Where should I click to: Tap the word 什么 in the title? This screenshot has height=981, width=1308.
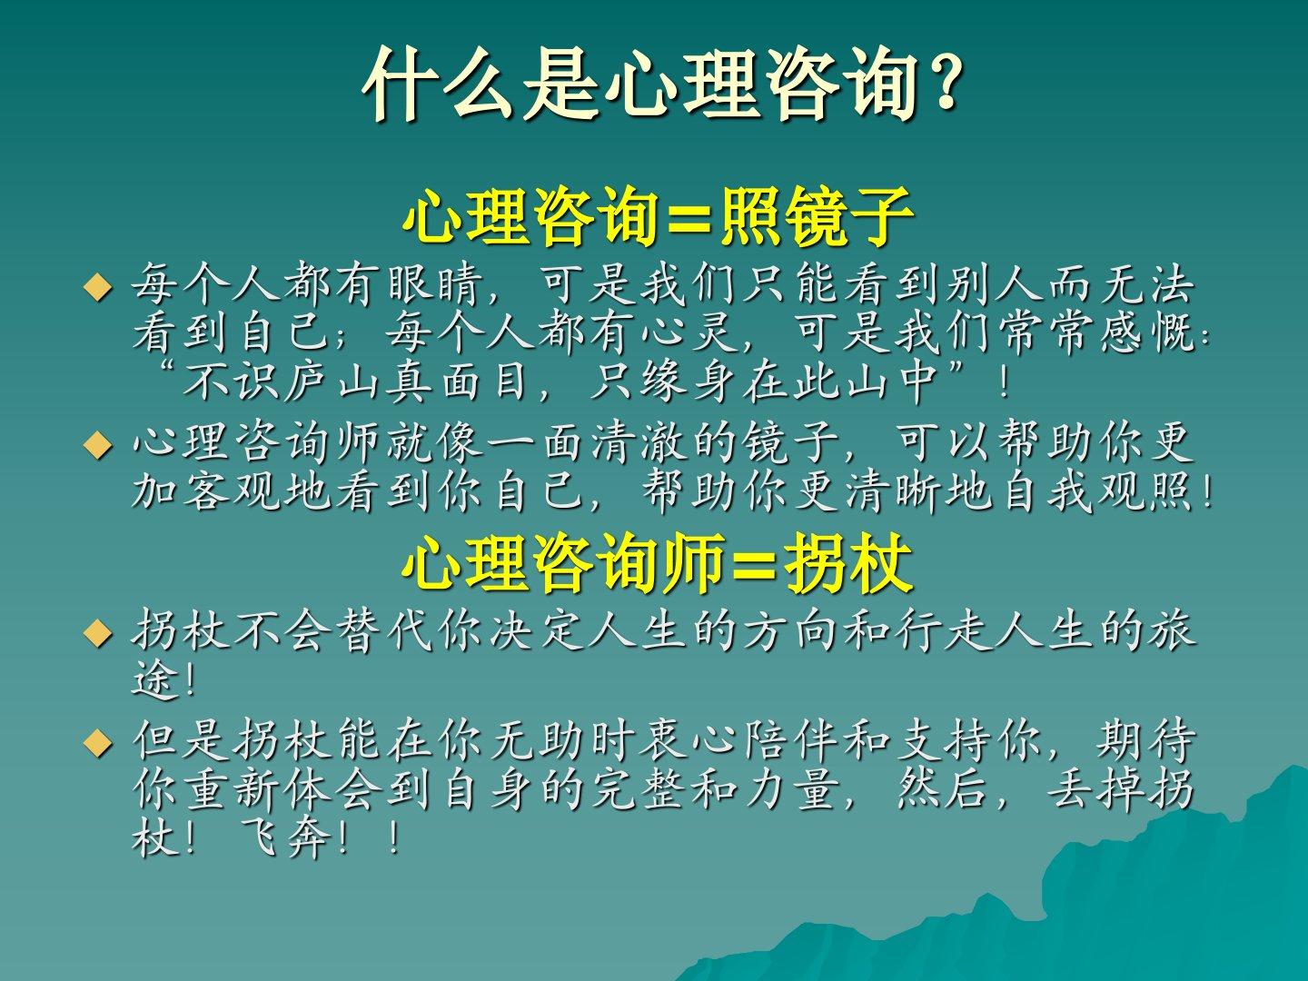click(439, 84)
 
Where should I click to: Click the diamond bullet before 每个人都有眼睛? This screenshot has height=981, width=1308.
click(98, 288)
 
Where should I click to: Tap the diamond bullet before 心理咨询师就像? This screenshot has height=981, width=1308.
click(98, 445)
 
